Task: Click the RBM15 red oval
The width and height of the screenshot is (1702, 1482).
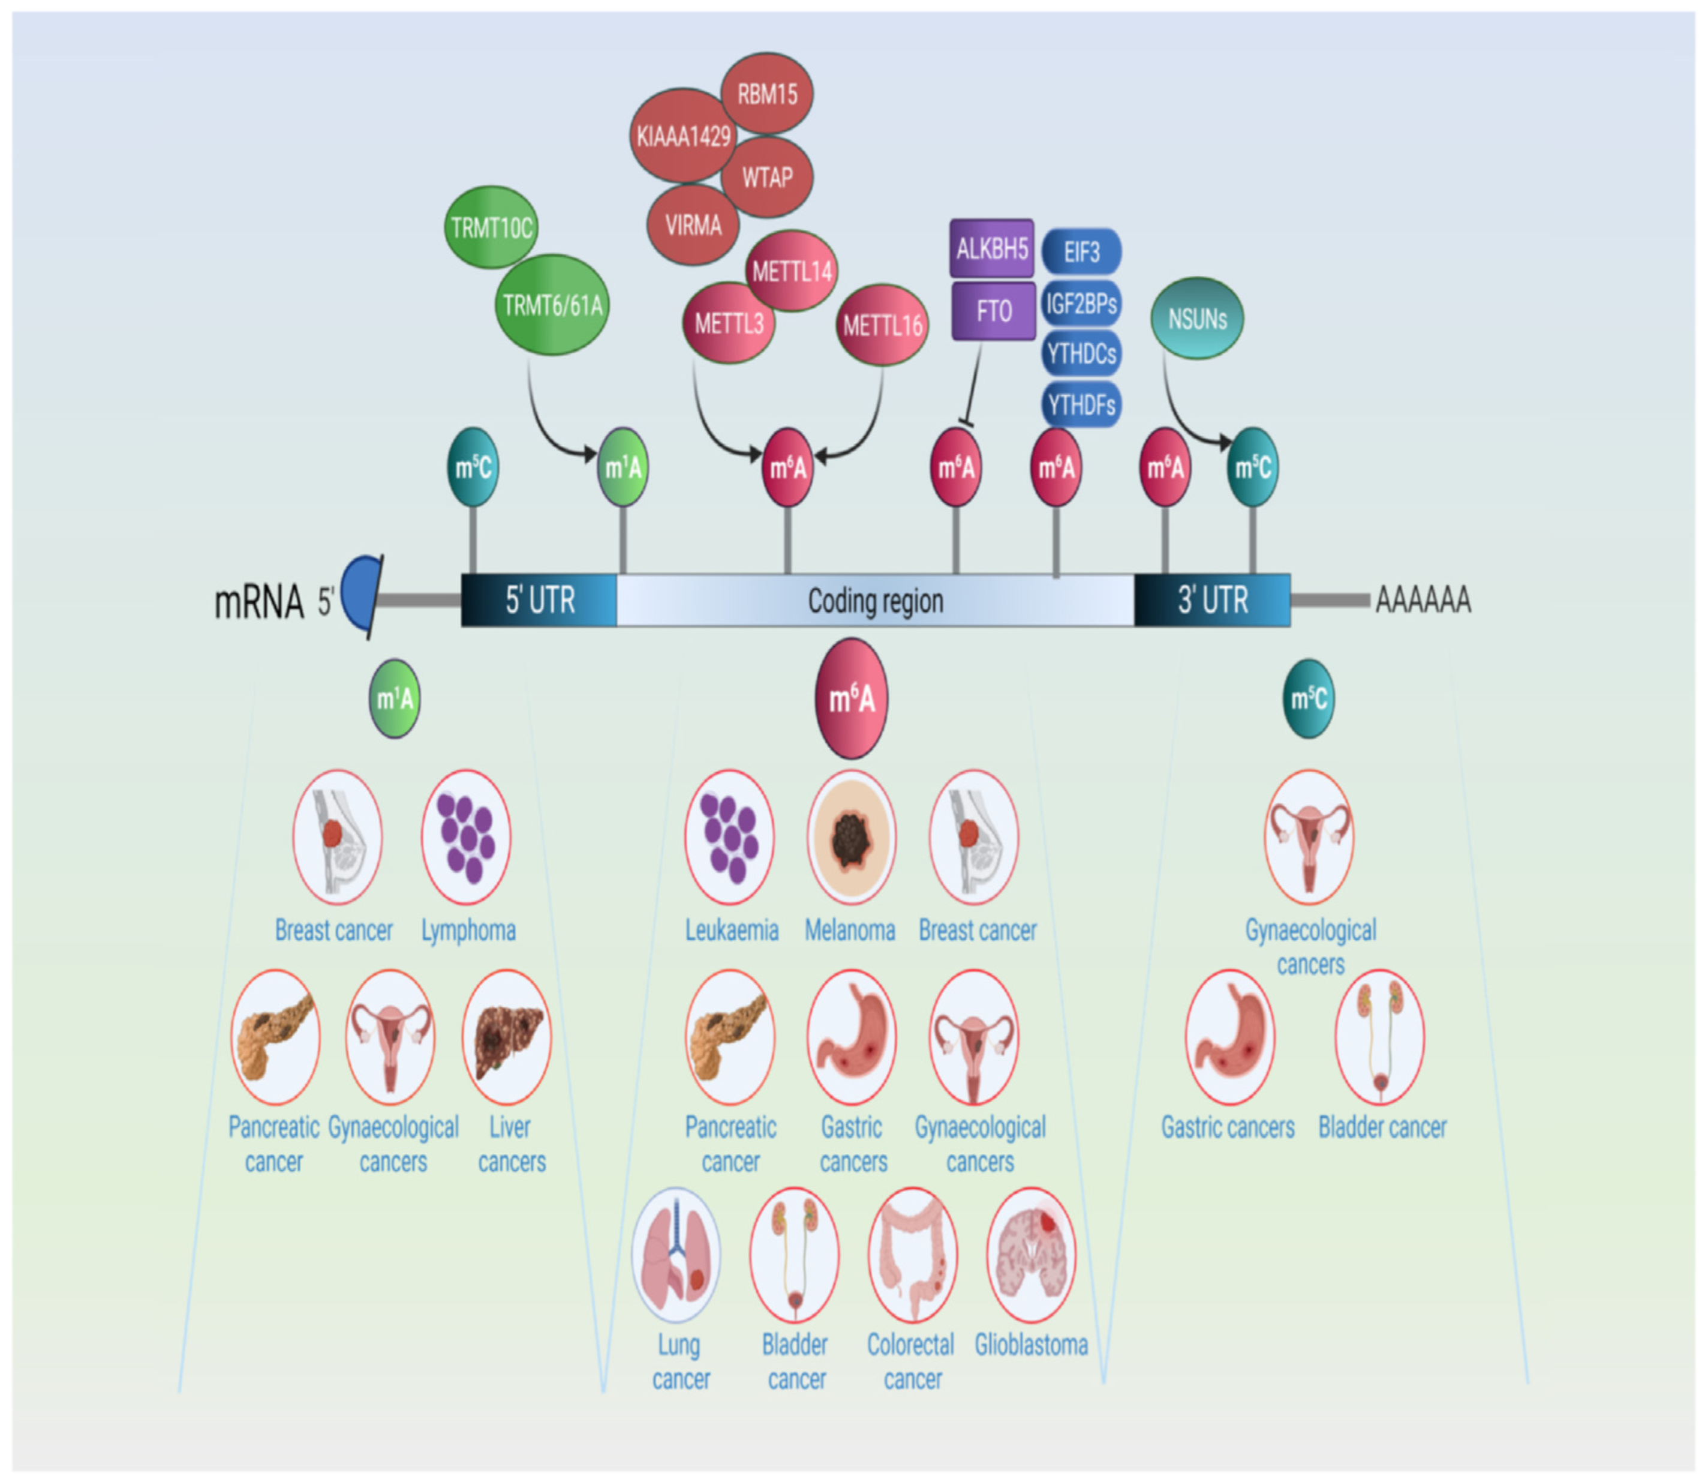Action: point(766,94)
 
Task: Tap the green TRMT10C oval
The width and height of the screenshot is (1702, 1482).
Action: point(491,227)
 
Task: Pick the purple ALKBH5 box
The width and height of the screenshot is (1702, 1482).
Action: point(991,248)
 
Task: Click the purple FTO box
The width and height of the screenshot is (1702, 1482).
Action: point(993,311)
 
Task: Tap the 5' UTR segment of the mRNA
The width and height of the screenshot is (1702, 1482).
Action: point(539,599)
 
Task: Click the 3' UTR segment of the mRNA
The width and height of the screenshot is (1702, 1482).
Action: point(1212,599)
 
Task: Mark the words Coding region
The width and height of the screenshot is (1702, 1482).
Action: point(874,601)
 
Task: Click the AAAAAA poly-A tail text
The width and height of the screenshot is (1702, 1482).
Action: point(1422,599)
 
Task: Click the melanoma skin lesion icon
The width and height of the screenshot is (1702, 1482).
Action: point(850,837)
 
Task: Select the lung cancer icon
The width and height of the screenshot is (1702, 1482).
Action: point(675,1255)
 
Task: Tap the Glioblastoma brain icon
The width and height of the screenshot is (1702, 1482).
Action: point(1030,1255)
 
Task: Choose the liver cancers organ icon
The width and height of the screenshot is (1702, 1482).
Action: point(506,1037)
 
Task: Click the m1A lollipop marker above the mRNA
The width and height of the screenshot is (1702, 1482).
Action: point(623,467)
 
